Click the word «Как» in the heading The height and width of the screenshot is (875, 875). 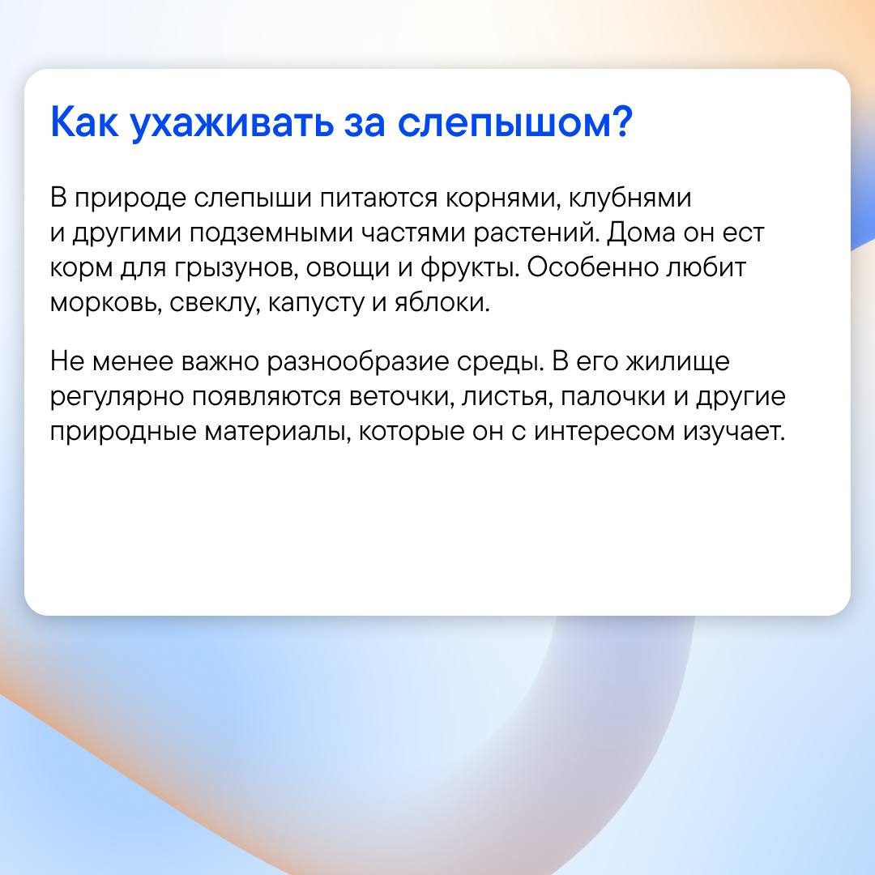[x=84, y=122]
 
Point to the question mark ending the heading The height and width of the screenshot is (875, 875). [x=621, y=121]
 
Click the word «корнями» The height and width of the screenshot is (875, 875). [x=503, y=199]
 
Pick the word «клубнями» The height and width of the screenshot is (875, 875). [x=630, y=198]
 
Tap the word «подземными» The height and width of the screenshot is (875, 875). [x=271, y=234]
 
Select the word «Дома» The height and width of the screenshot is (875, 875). [x=641, y=233]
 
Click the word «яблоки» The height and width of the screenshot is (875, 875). [x=442, y=302]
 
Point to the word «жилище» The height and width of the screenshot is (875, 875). [x=677, y=362]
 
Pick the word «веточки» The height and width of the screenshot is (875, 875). [x=401, y=397]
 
